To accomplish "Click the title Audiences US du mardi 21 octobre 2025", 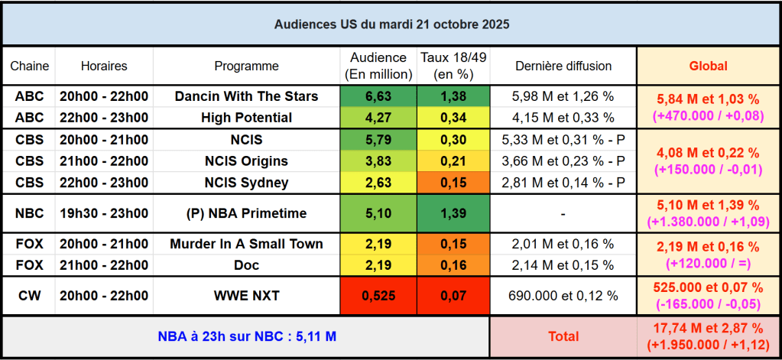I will pyautogui.click(x=391, y=24).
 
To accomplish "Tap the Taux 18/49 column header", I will pyautogui.click(x=453, y=66).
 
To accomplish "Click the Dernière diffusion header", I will pyautogui.click(x=563, y=66).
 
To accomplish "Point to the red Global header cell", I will pyautogui.click(x=708, y=66).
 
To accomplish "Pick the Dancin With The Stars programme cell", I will pyautogui.click(x=246, y=96).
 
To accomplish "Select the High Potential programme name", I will pyautogui.click(x=246, y=118).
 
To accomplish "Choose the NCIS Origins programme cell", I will pyautogui.click(x=246, y=161).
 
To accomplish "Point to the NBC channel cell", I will pyautogui.click(x=29, y=214).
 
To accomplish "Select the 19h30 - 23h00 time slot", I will pyautogui.click(x=104, y=214).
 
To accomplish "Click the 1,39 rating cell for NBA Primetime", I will pyautogui.click(x=453, y=214).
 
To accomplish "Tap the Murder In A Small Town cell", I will pyautogui.click(x=246, y=244).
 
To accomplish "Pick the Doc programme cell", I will pyautogui.click(x=246, y=265).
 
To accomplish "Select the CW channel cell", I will pyautogui.click(x=29, y=296).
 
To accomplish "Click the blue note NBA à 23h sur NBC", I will pyautogui.click(x=246, y=336).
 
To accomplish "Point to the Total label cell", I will pyautogui.click(x=563, y=336).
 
